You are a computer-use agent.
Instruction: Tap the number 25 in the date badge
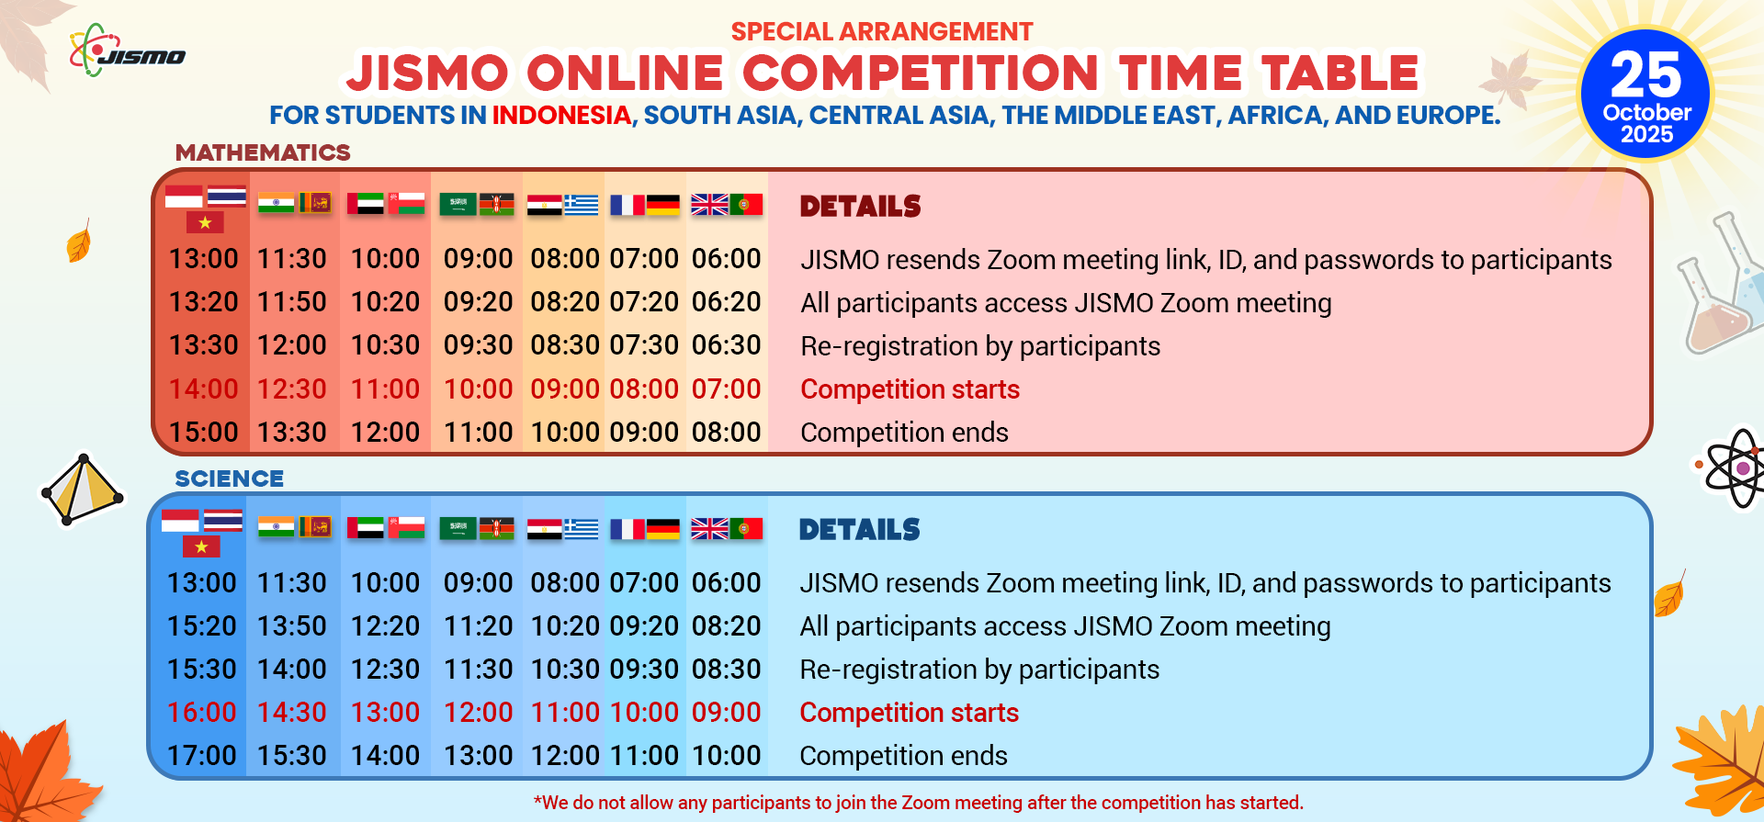1645,74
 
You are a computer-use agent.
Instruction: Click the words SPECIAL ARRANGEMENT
882,32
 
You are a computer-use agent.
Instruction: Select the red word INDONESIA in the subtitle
561,116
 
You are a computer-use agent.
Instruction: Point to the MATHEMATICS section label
263,152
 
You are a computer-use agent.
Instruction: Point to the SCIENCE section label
230,479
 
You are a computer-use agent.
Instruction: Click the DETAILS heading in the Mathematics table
860,207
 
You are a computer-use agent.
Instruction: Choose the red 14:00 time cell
203,389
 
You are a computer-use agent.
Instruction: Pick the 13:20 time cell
203,302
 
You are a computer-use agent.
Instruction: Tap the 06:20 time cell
726,302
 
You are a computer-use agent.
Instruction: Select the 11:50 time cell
291,302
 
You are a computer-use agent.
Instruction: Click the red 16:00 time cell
202,713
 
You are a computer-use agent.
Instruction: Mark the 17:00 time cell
202,756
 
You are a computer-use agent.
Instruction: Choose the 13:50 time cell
291,626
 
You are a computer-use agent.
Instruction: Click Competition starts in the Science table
909,713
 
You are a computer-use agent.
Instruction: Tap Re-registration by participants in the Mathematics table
980,346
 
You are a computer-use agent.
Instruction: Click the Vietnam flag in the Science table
201,546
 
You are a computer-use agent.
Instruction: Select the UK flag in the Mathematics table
709,204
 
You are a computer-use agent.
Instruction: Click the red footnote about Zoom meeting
918,803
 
